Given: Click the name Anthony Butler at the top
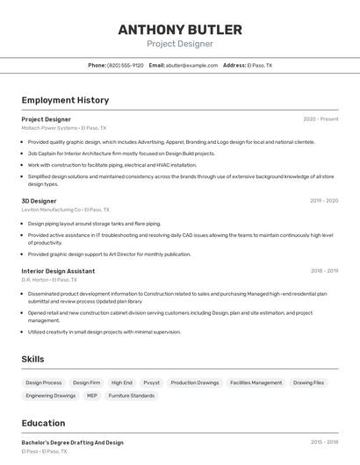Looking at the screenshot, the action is tap(179, 29).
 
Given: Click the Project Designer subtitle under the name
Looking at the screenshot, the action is tap(179, 44).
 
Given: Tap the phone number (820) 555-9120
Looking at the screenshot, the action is tap(126, 65).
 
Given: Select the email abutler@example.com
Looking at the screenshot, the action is tap(191, 65).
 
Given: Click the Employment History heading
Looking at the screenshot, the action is tap(65, 100).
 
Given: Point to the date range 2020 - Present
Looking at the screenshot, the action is tap(320, 119).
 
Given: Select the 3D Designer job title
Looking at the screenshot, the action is tap(40, 201).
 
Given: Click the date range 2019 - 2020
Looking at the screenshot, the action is tap(323, 201).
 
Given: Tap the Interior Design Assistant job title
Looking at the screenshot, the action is tap(58, 271).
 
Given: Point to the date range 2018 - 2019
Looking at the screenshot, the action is tap(323, 271).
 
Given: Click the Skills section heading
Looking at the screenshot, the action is tap(32, 359).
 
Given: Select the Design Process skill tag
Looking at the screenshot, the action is tap(44, 383).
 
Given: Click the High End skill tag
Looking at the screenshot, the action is tap(122, 383).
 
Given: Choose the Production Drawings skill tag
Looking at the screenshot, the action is tap(195, 383).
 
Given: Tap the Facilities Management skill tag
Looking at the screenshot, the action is tap(256, 383).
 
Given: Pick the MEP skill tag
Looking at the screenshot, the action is tap(92, 396).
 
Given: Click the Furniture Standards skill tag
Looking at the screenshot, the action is tap(132, 396).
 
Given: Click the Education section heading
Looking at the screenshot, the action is tap(43, 423).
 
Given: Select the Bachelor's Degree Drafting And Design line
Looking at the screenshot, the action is tap(73, 443).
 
